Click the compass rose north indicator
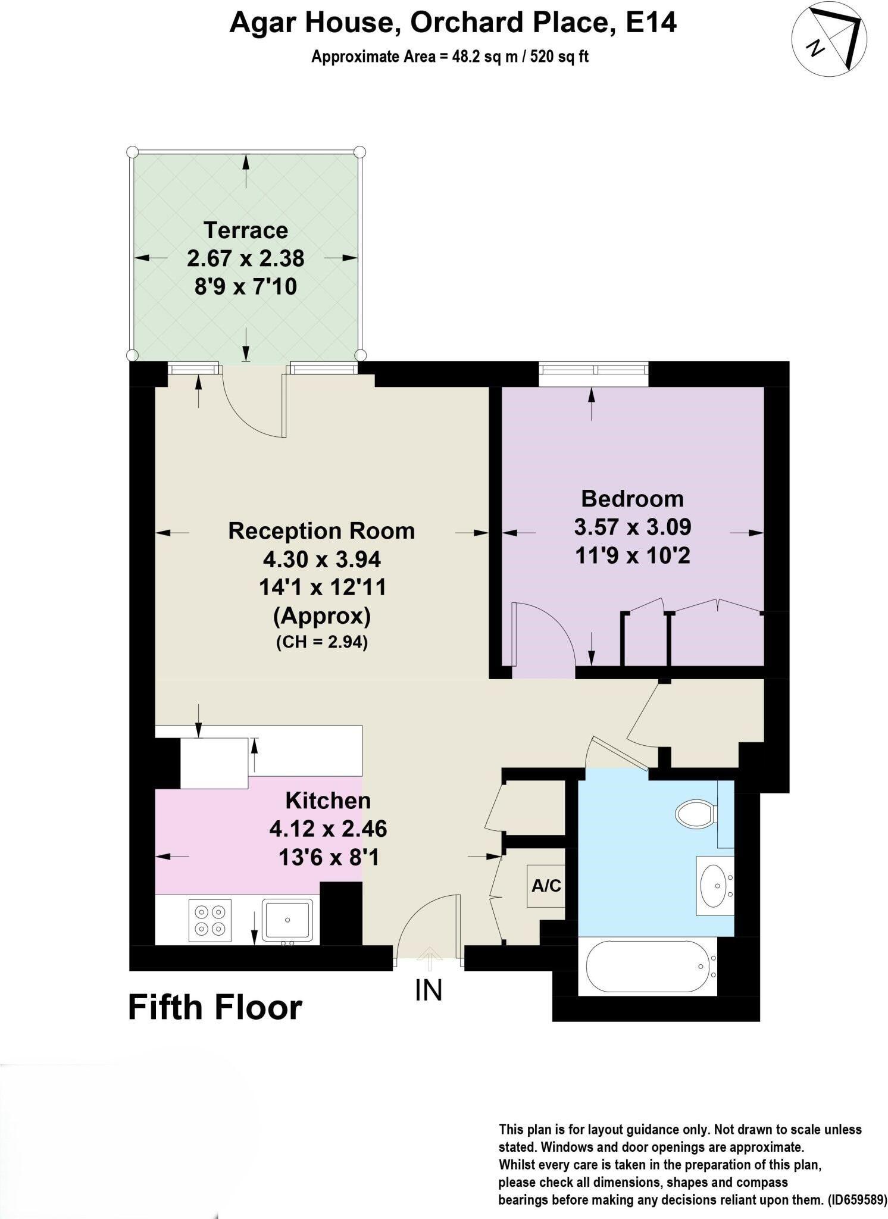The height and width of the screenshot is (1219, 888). pyautogui.click(x=828, y=39)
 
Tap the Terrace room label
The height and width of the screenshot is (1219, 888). pyautogui.click(x=245, y=230)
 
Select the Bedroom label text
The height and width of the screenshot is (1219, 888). pyautogui.click(x=632, y=498)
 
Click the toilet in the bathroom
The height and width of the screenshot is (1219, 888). pyautogui.click(x=695, y=813)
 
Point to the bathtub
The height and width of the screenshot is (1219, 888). pyautogui.click(x=648, y=966)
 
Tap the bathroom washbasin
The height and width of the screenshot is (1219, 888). pyautogui.click(x=714, y=885)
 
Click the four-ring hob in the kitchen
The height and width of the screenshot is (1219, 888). pyautogui.click(x=210, y=920)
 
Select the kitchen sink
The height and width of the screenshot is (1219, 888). pyautogui.click(x=287, y=920)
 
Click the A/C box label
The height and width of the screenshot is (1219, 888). pyautogui.click(x=546, y=886)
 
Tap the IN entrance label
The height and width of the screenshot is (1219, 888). pyautogui.click(x=429, y=990)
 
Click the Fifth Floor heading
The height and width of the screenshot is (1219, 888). pyautogui.click(x=215, y=1008)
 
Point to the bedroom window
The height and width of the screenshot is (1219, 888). pyautogui.click(x=593, y=370)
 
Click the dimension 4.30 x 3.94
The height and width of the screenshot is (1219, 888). pyautogui.click(x=321, y=559)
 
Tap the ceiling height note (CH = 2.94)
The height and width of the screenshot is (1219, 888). pyautogui.click(x=321, y=642)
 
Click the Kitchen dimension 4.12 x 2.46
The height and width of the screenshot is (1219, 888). pyautogui.click(x=328, y=829)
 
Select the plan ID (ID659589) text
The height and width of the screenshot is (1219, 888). pyautogui.click(x=857, y=1199)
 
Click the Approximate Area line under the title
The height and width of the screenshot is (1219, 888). pyautogui.click(x=450, y=57)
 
